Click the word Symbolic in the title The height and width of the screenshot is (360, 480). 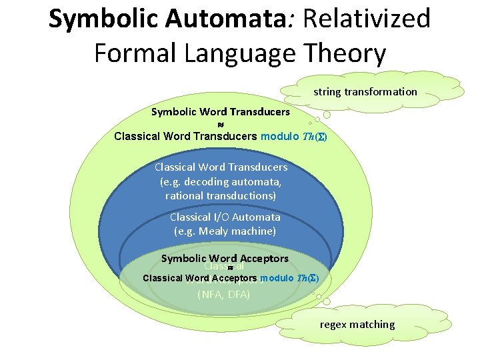point(100,19)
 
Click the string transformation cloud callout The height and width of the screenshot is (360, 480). point(365,92)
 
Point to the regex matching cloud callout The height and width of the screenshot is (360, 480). point(357,325)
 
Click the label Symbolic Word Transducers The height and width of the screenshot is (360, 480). point(220,112)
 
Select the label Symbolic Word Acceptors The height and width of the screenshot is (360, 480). point(225,258)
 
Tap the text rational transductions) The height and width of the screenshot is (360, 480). point(220,196)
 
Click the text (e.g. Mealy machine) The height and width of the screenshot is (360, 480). point(225,231)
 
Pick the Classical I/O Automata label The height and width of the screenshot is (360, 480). point(225,217)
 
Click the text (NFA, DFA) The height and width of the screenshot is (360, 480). point(224,293)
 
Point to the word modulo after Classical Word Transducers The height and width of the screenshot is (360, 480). point(279,137)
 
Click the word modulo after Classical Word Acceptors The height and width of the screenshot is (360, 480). point(277,278)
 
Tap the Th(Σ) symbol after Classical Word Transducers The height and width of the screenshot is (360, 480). point(313,137)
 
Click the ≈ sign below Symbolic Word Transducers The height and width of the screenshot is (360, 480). point(221,125)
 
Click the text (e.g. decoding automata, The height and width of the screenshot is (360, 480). point(221,181)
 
